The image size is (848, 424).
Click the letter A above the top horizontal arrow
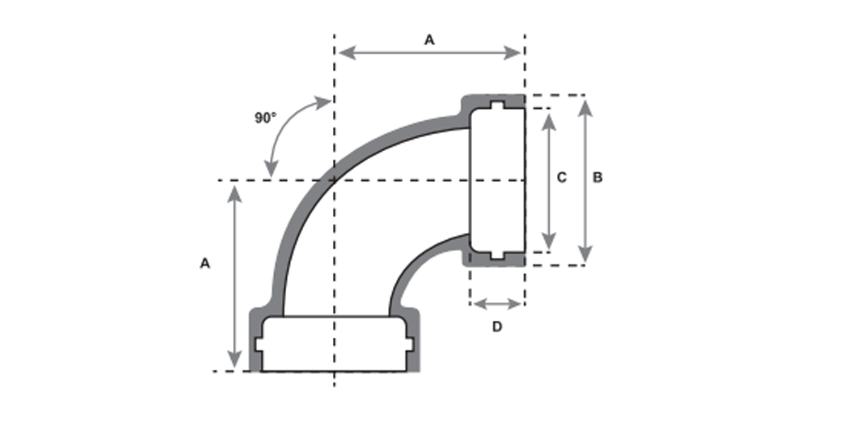click(x=429, y=40)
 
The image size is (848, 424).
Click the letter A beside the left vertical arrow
click(x=205, y=263)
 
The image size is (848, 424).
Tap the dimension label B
click(x=597, y=178)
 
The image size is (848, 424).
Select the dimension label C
click(x=562, y=178)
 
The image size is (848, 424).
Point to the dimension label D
click(x=497, y=326)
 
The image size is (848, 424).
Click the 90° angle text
click(x=266, y=118)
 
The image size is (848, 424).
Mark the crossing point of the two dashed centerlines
click(x=334, y=180)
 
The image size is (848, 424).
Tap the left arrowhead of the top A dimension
click(x=344, y=52)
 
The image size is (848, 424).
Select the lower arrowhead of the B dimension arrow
click(x=585, y=255)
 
